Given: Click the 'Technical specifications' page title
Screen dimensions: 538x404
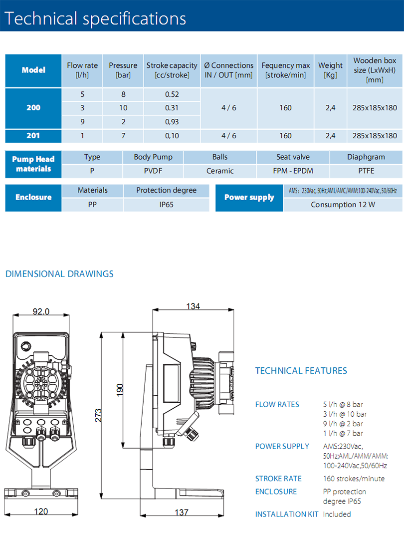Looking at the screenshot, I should click(x=96, y=18).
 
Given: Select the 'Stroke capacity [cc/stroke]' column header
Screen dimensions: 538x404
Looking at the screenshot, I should click(x=172, y=70).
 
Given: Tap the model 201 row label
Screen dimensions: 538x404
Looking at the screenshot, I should click(x=33, y=135).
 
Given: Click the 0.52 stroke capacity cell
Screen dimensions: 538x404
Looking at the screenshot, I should click(x=172, y=94).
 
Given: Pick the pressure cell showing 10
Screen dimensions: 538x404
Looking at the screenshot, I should click(x=123, y=108).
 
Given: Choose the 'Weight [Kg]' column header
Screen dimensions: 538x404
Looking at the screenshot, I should click(x=330, y=70).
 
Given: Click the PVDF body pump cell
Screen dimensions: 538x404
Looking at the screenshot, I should click(x=153, y=171).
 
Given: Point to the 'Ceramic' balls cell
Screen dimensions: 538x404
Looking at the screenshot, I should click(x=220, y=171).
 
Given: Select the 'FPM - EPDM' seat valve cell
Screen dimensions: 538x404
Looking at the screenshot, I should click(x=293, y=171).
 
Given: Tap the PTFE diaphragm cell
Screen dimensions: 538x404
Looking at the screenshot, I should click(x=366, y=171).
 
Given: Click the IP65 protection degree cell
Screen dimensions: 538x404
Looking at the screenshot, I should click(x=166, y=205).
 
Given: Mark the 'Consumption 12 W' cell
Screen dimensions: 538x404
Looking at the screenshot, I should click(x=343, y=205).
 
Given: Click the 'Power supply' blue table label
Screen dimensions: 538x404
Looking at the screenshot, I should click(x=249, y=197).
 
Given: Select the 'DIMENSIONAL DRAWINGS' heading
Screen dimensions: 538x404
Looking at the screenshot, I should click(x=59, y=274).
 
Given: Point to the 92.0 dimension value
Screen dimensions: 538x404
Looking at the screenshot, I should click(x=41, y=311).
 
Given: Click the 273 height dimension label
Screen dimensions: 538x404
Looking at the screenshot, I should click(x=98, y=415).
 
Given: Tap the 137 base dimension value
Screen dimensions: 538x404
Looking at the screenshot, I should click(x=182, y=512).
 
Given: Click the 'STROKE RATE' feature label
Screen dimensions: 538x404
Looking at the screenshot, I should click(x=278, y=479).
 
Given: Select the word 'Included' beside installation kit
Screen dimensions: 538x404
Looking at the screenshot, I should click(x=337, y=514).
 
